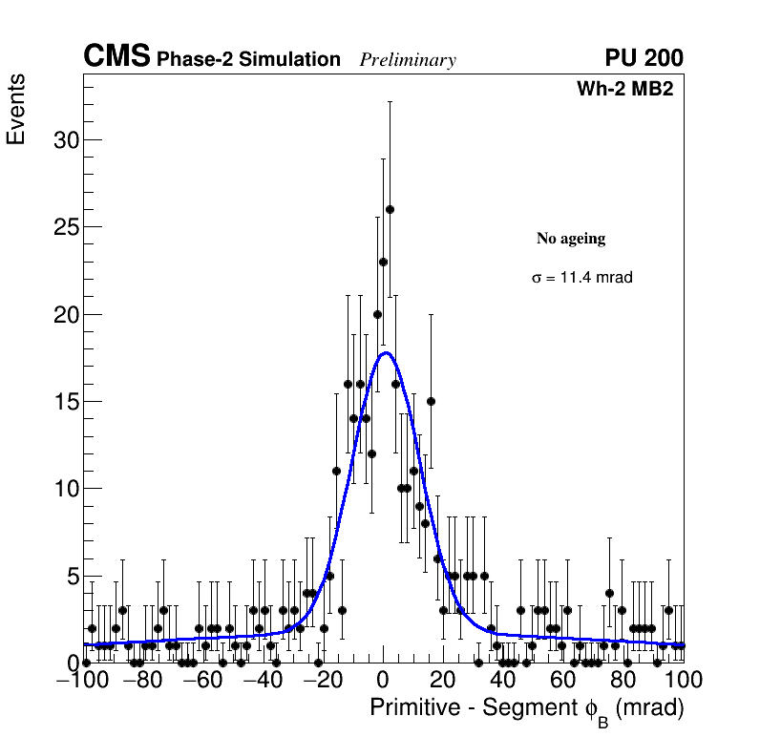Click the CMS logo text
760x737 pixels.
tap(116, 57)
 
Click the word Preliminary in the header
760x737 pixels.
tap(408, 60)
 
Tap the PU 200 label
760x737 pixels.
tap(644, 58)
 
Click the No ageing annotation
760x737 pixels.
tap(571, 239)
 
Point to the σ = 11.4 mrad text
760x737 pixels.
tap(582, 278)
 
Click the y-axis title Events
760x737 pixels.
tap(16, 109)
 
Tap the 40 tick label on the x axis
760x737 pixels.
tap(503, 681)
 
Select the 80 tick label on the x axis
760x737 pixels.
tap(623, 681)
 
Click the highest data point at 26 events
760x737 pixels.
tap(390, 209)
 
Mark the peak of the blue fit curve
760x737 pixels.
tap(386, 352)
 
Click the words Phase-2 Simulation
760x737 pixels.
tap(248, 60)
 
